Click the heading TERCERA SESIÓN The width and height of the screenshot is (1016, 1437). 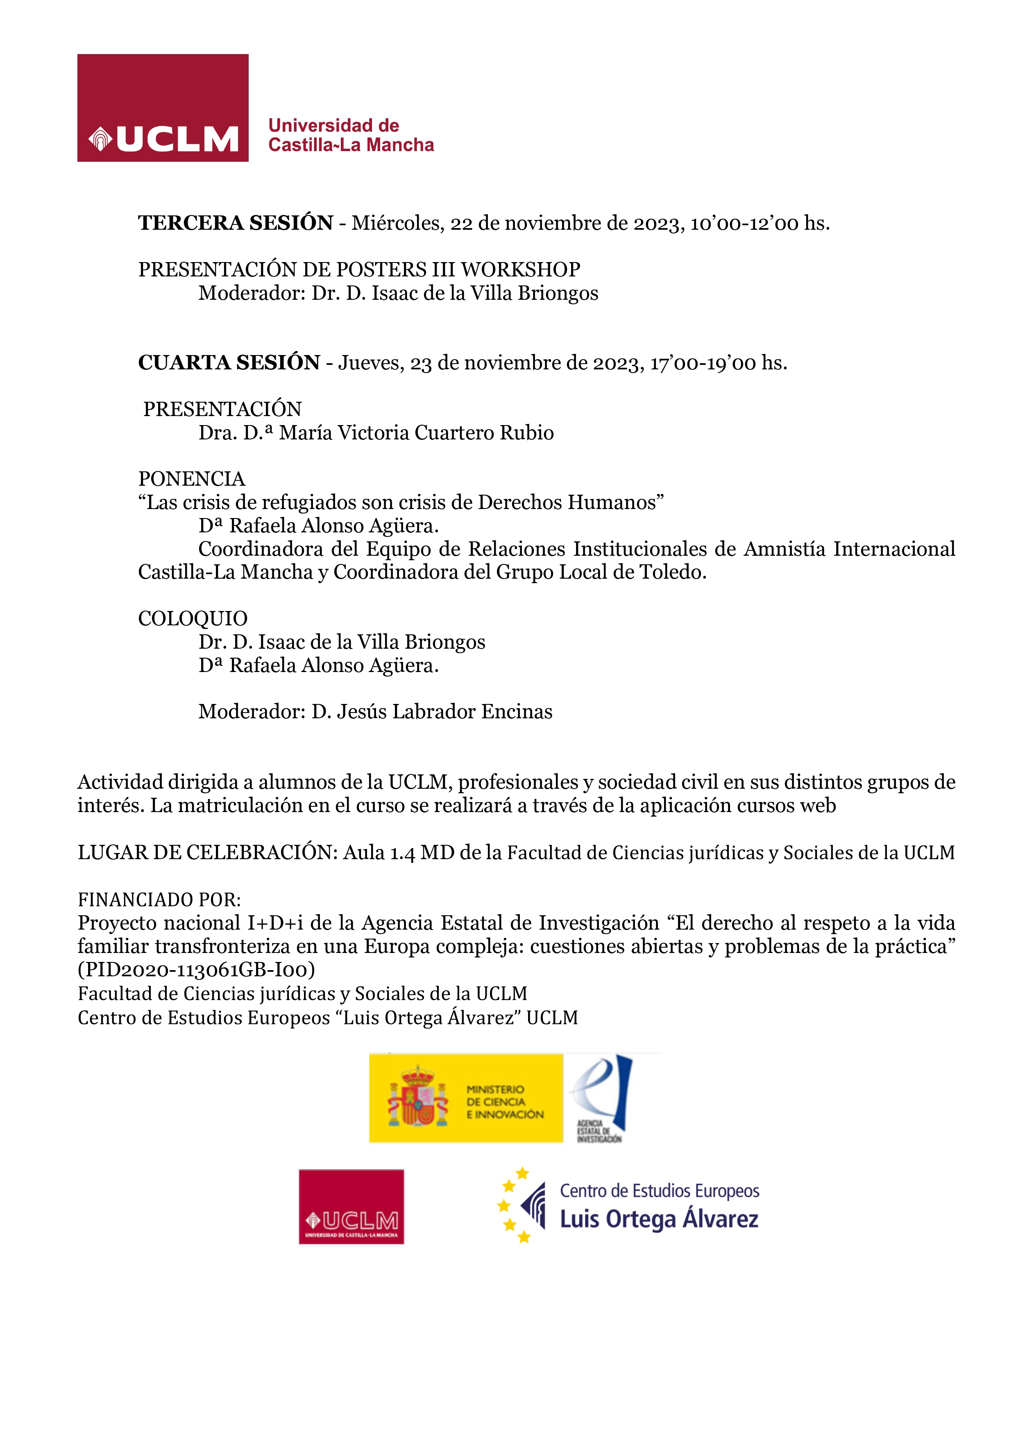236,223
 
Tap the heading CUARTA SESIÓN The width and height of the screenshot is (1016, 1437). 229,362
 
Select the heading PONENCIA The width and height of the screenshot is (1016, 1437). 192,479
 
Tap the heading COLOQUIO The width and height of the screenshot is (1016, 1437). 193,618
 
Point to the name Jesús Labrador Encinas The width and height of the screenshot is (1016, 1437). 444,712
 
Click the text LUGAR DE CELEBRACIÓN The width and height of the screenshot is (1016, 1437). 208,853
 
